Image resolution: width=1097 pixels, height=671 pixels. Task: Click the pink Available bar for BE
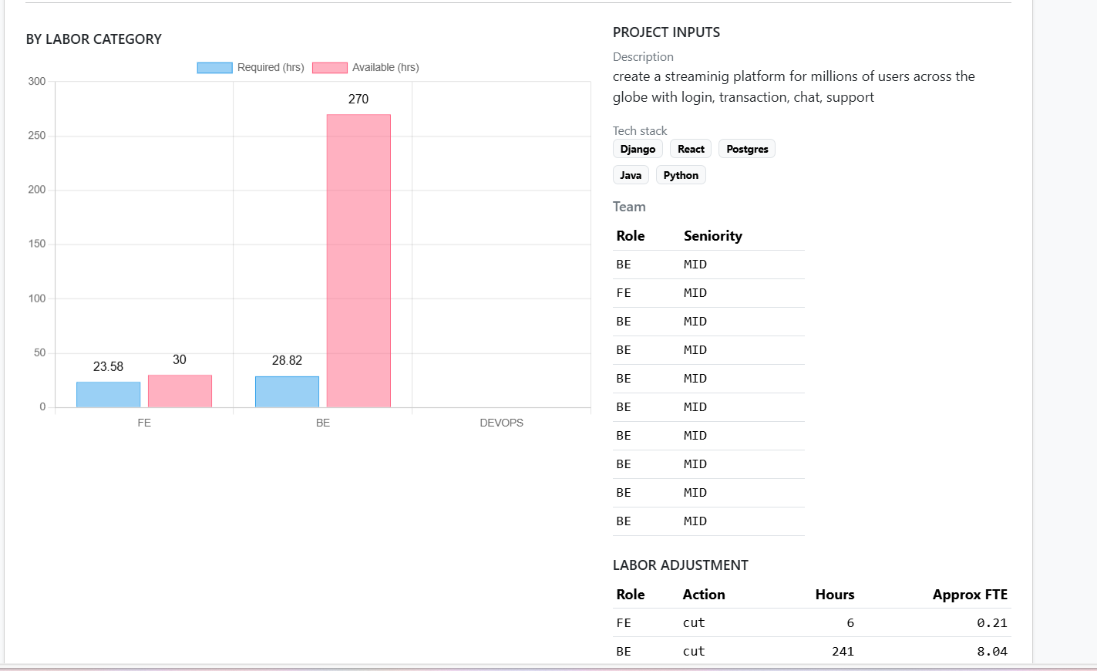point(358,261)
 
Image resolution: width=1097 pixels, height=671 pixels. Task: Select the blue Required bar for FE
point(108,394)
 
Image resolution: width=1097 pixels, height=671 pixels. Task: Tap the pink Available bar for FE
point(180,391)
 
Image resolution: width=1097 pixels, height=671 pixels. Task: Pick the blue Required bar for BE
point(287,392)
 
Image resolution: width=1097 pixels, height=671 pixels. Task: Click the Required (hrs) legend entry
point(251,68)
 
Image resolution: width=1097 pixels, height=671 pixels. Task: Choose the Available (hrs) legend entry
point(365,68)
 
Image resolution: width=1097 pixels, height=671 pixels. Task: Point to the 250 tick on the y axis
point(37,136)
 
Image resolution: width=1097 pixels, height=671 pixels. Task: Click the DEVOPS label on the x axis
point(501,423)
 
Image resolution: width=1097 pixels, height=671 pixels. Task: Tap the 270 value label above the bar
point(358,99)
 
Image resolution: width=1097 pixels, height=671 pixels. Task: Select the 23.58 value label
point(108,366)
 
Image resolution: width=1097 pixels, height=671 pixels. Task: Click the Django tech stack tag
point(638,149)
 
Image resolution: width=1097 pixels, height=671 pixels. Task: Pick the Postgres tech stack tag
point(747,149)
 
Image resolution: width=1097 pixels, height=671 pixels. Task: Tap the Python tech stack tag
point(681,175)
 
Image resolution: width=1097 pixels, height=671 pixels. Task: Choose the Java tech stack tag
point(631,175)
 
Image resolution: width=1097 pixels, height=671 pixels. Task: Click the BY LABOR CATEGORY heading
point(94,39)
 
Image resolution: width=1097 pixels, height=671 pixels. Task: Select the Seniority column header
point(713,236)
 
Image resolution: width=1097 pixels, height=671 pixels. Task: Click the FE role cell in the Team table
point(624,293)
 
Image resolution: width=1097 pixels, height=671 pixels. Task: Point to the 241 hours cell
point(843,652)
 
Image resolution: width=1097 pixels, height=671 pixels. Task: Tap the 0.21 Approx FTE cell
point(991,623)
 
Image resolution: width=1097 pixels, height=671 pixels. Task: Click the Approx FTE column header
point(970,595)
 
